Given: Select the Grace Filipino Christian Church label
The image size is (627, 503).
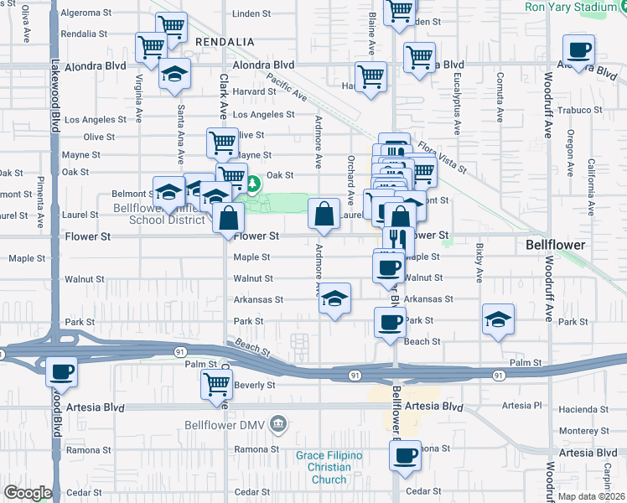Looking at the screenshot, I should (x=329, y=467).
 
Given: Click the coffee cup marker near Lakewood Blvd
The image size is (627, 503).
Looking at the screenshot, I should (x=61, y=371).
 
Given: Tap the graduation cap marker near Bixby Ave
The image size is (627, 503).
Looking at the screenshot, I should (x=498, y=319).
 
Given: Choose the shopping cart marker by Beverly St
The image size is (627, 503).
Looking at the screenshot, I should (x=216, y=384).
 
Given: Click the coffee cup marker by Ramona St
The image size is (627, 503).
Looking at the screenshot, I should (x=406, y=456).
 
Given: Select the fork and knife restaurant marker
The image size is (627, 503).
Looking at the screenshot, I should (x=400, y=239).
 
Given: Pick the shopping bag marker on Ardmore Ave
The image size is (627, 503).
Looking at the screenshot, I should (x=324, y=215).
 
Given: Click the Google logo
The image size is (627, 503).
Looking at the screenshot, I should (x=27, y=493).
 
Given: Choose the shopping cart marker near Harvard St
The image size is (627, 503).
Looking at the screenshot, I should (x=370, y=78).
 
